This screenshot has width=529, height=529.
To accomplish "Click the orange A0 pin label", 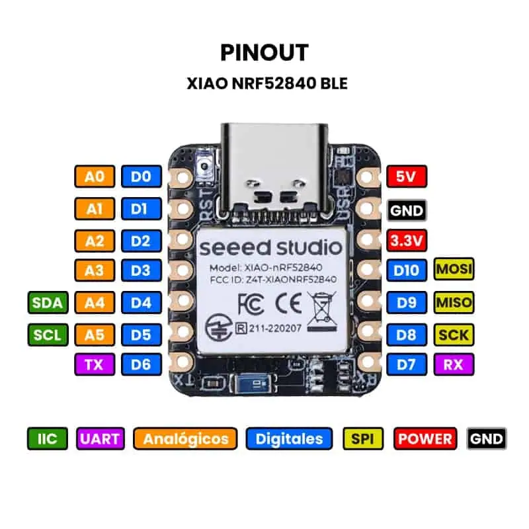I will tap(95, 177).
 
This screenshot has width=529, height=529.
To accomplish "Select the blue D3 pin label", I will tap(141, 270).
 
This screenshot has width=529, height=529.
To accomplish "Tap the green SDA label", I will tap(48, 303).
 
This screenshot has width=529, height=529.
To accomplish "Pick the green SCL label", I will tap(48, 335).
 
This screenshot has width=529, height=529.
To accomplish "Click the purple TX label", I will tap(95, 364).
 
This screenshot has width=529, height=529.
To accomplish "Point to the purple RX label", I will tap(454, 363).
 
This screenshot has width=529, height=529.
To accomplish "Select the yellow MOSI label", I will tap(454, 270).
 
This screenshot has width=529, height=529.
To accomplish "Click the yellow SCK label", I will tap(454, 335).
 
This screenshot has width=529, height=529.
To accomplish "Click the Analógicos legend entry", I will tap(185, 438).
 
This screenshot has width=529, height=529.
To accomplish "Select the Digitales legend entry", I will tap(289, 438).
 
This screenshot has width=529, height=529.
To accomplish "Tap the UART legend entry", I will tap(101, 438).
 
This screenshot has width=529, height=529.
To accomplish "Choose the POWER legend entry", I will tap(425, 438).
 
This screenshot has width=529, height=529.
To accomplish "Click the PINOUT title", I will tap(264, 52).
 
